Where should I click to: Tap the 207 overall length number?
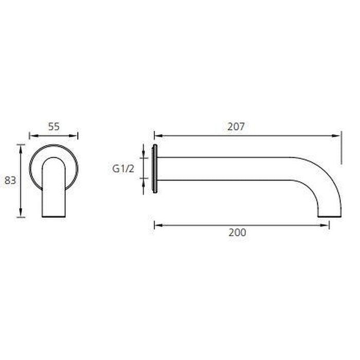(235, 127)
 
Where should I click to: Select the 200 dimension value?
(237, 232)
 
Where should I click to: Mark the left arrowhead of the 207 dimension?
(157, 135)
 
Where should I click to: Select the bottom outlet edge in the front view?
(53, 217)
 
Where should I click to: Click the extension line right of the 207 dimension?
(341, 149)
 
